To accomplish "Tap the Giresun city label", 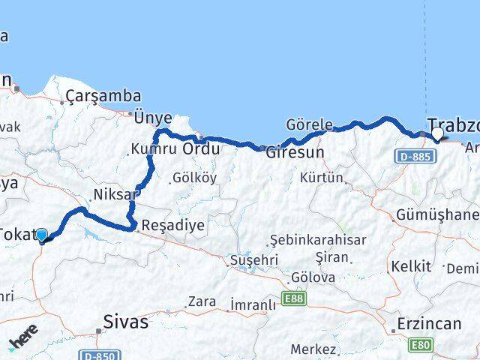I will pos(295,151).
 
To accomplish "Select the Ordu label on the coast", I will pos(202,149).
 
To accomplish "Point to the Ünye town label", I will pos(153,118).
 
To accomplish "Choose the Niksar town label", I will pos(115,195).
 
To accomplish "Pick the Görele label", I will pos(309,124).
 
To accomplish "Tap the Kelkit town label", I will pos(411,266).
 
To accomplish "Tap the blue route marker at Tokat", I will pos(41,235).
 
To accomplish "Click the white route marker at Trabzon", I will pos(438,133).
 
